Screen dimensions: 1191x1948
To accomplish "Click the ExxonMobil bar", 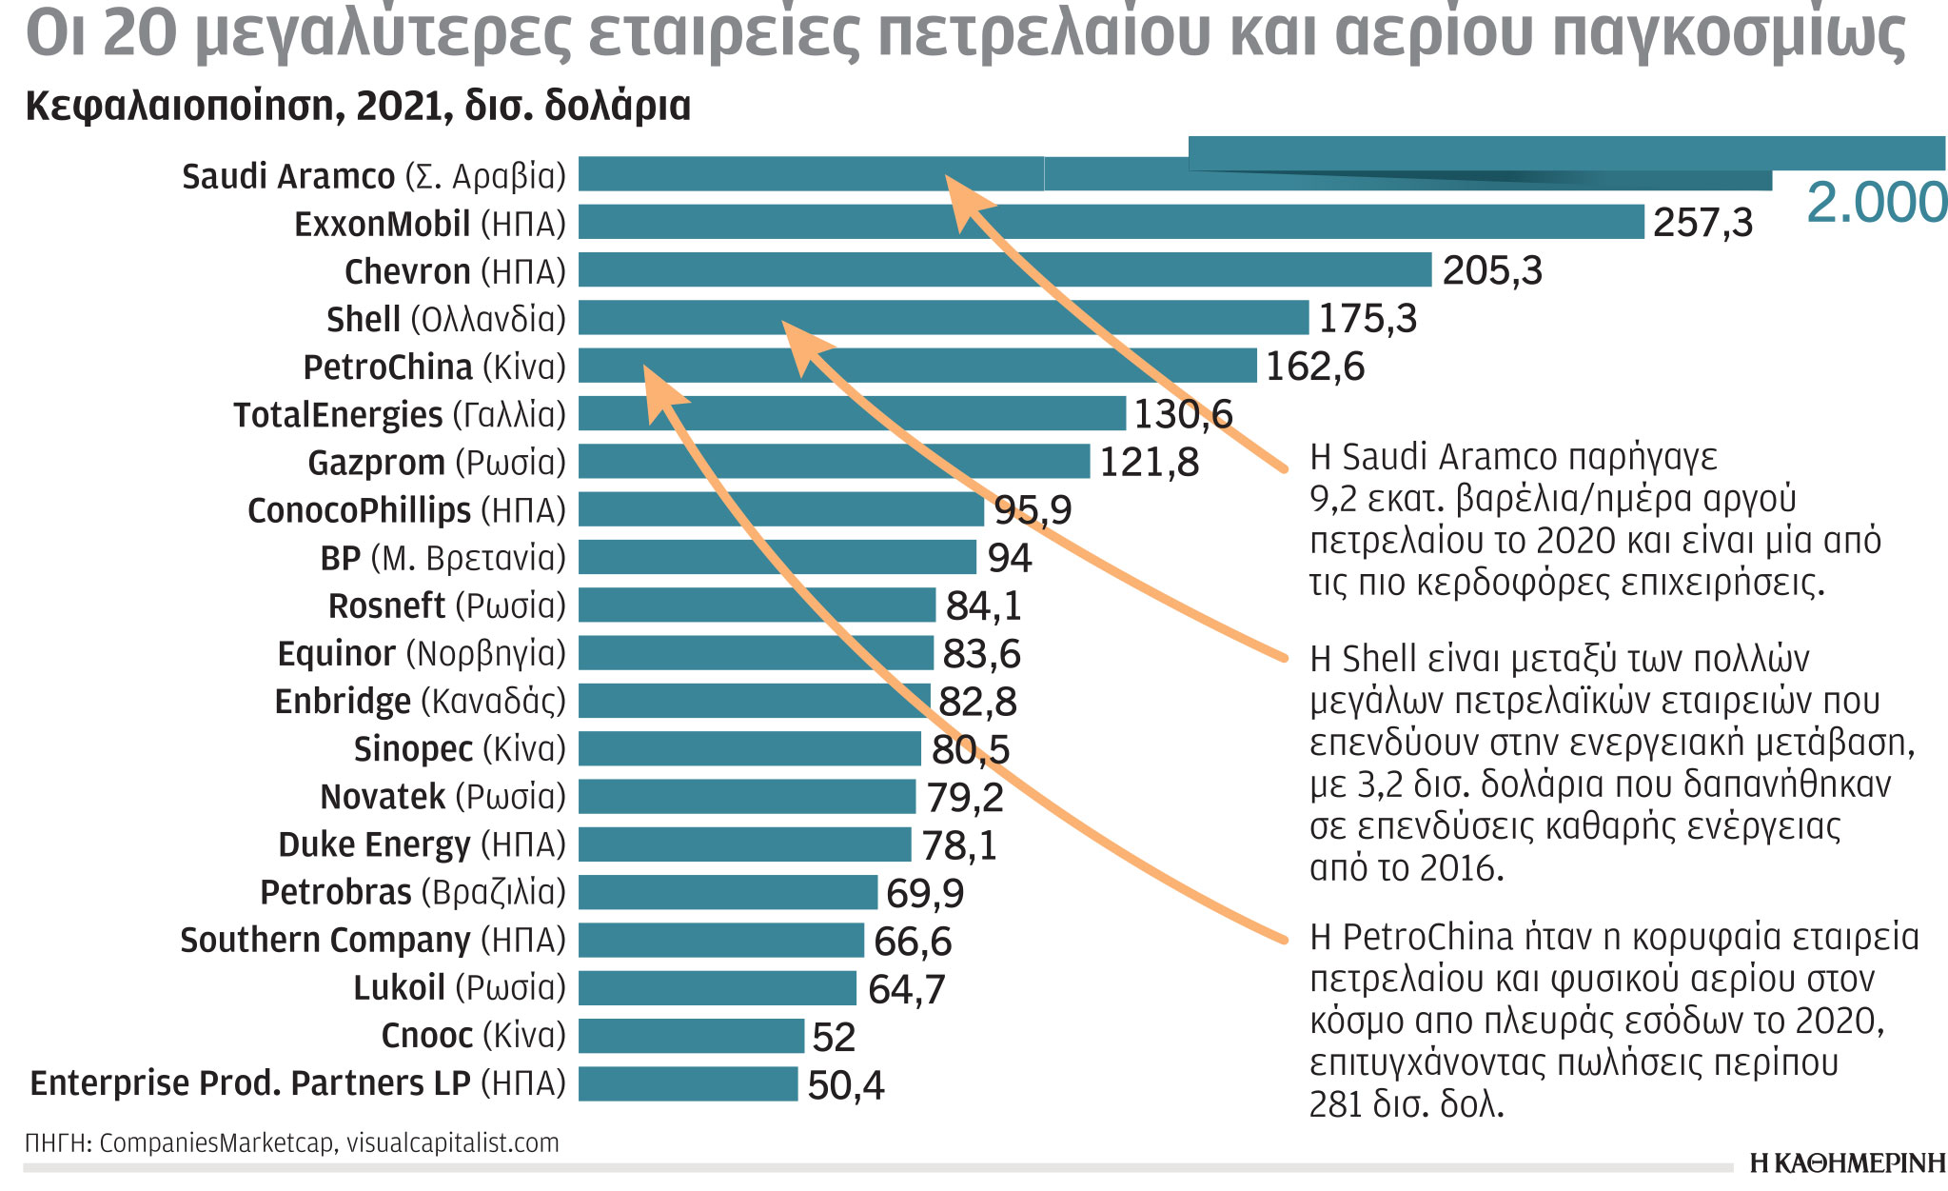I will click(1110, 222).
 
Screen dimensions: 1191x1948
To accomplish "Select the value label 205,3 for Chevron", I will click(1491, 270).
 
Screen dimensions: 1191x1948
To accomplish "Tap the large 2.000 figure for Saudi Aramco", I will click(1876, 203).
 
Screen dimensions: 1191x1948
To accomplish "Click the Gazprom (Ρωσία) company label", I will click(436, 463).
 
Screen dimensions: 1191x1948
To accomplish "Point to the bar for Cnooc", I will click(691, 1036).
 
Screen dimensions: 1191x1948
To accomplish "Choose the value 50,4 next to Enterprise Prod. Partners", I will click(845, 1085).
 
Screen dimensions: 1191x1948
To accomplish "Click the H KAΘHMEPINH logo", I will click(1847, 1162).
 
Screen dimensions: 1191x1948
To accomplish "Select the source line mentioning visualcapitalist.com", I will click(291, 1142).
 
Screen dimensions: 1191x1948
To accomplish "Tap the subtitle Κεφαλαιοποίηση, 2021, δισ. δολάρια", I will click(358, 107).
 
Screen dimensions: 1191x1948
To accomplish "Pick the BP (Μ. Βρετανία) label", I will click(443, 558).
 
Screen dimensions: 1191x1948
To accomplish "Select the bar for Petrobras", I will click(727, 892).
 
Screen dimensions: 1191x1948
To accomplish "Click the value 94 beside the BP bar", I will click(1009, 558).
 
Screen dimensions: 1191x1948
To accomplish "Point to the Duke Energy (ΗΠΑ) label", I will click(422, 844).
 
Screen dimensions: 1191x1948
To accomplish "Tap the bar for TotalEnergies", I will click(851, 414).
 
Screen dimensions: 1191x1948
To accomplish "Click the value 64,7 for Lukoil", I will click(906, 989).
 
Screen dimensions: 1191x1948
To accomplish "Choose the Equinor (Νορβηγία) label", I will click(421, 654).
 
